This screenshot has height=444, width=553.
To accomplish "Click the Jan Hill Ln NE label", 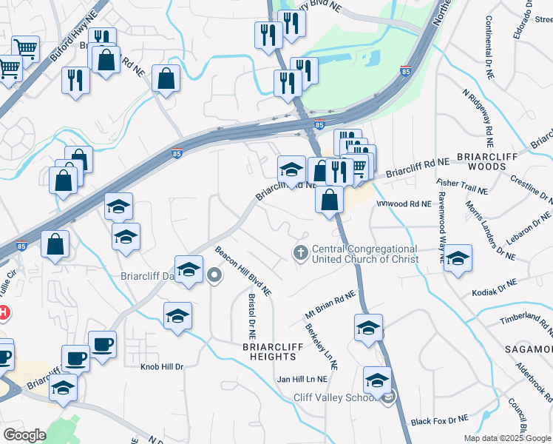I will tap(302, 379).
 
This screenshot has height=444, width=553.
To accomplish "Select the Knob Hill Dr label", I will tap(162, 366).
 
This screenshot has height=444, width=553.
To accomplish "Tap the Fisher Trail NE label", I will tap(463, 186).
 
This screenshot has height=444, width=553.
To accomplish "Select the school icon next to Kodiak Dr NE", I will tap(458, 260).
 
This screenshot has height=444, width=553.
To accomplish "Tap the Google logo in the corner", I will tap(24, 435).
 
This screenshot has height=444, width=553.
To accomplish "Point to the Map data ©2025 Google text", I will tap(507, 438).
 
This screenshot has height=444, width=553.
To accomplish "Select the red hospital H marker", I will tap(3, 313).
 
